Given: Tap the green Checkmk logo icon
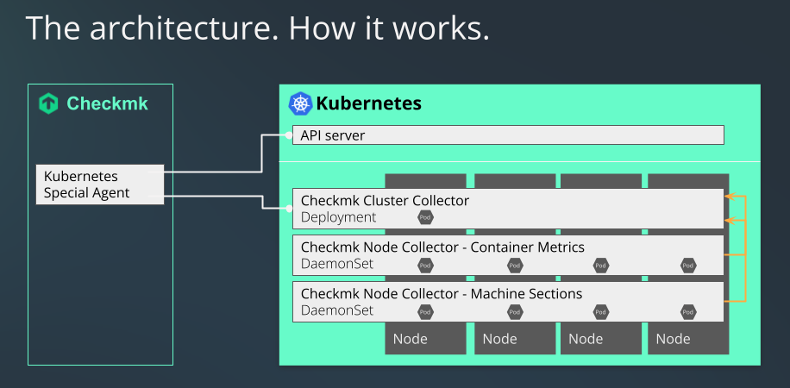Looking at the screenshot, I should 49,104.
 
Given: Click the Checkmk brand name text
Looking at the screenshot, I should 107,104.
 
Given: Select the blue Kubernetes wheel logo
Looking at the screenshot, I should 300,104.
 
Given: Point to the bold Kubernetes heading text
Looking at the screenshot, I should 368,104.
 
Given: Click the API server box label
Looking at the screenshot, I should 332,135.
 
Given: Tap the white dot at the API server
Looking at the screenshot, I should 288,135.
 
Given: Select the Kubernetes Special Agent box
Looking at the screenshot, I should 99,185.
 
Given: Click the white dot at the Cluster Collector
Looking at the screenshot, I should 288,208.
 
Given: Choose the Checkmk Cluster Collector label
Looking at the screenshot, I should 385,201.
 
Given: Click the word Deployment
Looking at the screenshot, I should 338,217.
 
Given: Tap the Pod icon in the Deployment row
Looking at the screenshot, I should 425,218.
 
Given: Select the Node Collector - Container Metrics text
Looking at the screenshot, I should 442,247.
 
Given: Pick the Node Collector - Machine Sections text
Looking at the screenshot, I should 441,294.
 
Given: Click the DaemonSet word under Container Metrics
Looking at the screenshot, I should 337,264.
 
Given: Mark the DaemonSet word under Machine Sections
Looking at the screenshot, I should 337,310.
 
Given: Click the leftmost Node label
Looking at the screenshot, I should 411,339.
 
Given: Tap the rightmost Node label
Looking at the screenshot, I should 673,339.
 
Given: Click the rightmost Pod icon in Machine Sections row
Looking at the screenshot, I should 688,311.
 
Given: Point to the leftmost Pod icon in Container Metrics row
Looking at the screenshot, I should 425,265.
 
